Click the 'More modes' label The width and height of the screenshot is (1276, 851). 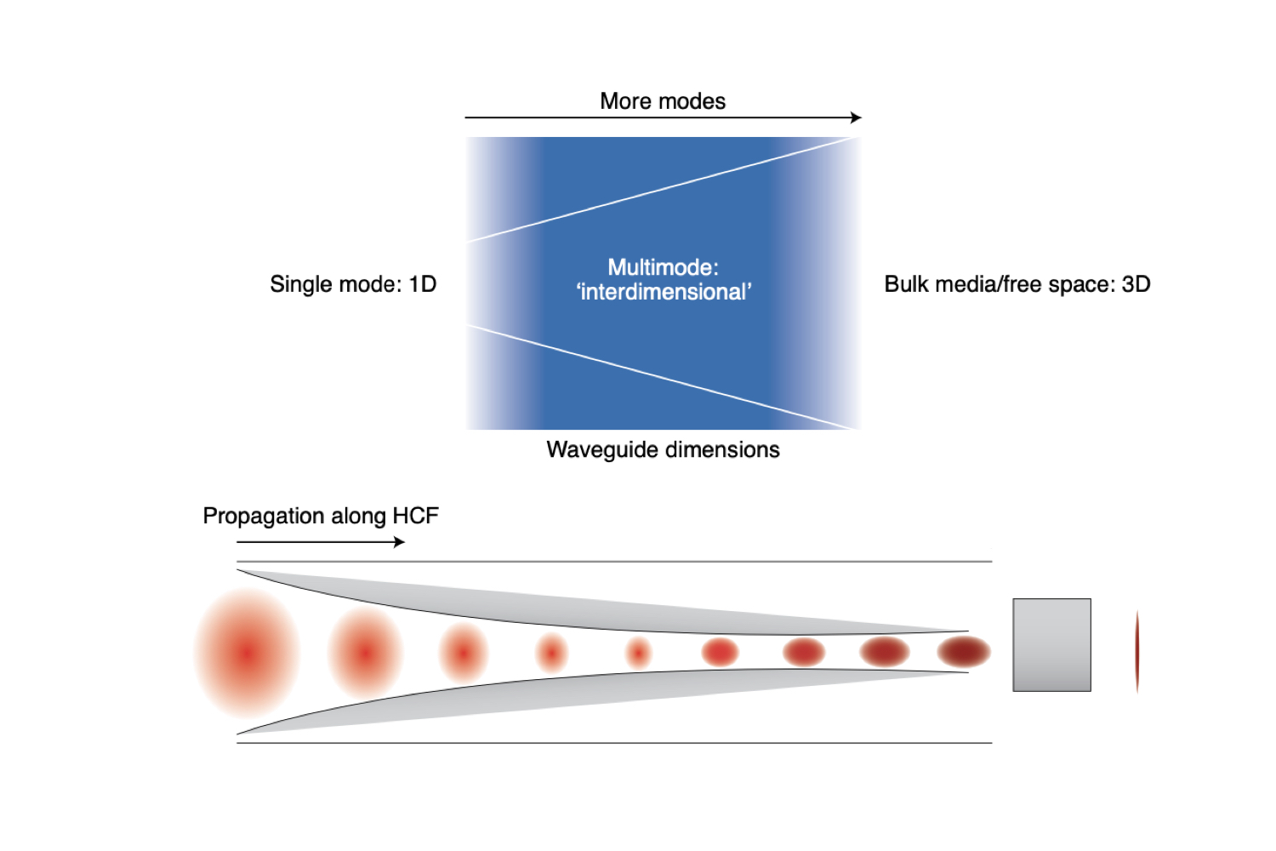(x=663, y=101)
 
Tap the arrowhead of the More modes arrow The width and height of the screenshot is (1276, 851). (x=857, y=117)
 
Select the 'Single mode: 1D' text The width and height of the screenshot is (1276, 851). (x=353, y=284)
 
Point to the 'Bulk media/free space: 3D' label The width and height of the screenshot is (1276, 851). (x=1017, y=284)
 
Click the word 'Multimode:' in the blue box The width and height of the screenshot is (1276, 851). (x=663, y=267)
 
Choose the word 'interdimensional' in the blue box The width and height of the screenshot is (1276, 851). (x=664, y=293)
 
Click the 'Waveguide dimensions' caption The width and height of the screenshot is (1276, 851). (x=663, y=449)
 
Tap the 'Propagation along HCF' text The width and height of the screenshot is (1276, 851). (x=321, y=516)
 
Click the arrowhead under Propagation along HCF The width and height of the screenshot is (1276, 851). (x=400, y=542)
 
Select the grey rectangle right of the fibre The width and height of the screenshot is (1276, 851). (x=1051, y=645)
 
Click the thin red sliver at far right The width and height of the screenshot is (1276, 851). (x=1137, y=651)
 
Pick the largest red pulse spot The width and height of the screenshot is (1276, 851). (x=247, y=653)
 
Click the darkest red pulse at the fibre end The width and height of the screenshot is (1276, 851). (x=964, y=652)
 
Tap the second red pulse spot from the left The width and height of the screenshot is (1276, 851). (x=365, y=653)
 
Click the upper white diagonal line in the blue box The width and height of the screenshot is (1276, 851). (x=664, y=189)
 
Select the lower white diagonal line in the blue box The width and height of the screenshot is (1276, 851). (x=664, y=376)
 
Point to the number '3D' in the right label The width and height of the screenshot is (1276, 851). (x=1136, y=284)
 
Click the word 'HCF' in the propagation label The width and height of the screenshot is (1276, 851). (x=415, y=516)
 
